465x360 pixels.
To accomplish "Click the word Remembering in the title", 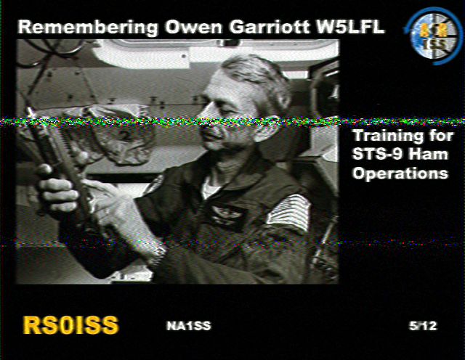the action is (88, 28).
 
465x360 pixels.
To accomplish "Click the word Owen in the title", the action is (194, 27).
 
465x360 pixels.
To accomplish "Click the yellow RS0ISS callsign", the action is (70, 325).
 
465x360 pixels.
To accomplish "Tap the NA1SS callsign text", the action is (189, 326).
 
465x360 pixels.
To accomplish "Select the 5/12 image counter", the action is (423, 326).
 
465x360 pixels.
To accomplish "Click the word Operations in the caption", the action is (400, 173).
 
